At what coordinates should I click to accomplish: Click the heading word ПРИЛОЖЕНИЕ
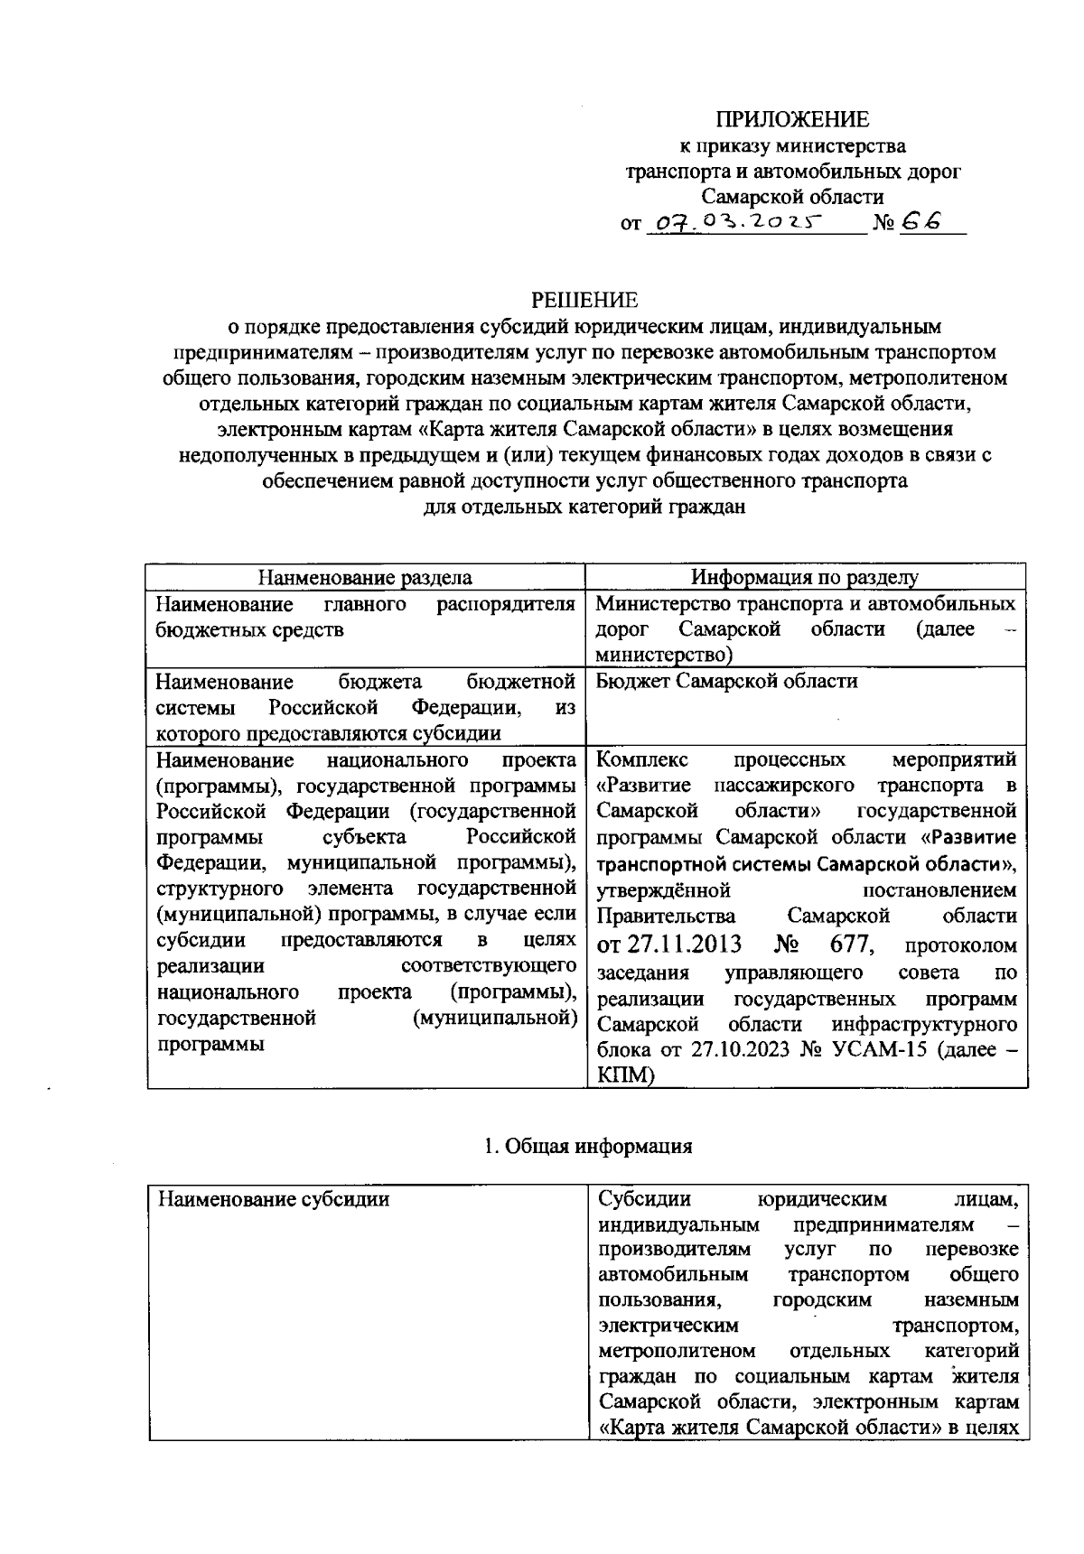792,119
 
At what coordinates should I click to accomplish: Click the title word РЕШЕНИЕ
584,299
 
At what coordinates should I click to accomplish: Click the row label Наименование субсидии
274,1200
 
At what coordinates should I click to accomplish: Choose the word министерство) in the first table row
664,654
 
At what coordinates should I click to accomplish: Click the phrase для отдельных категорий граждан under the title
584,507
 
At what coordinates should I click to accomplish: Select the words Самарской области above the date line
792,196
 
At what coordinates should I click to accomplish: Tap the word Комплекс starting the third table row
642,758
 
